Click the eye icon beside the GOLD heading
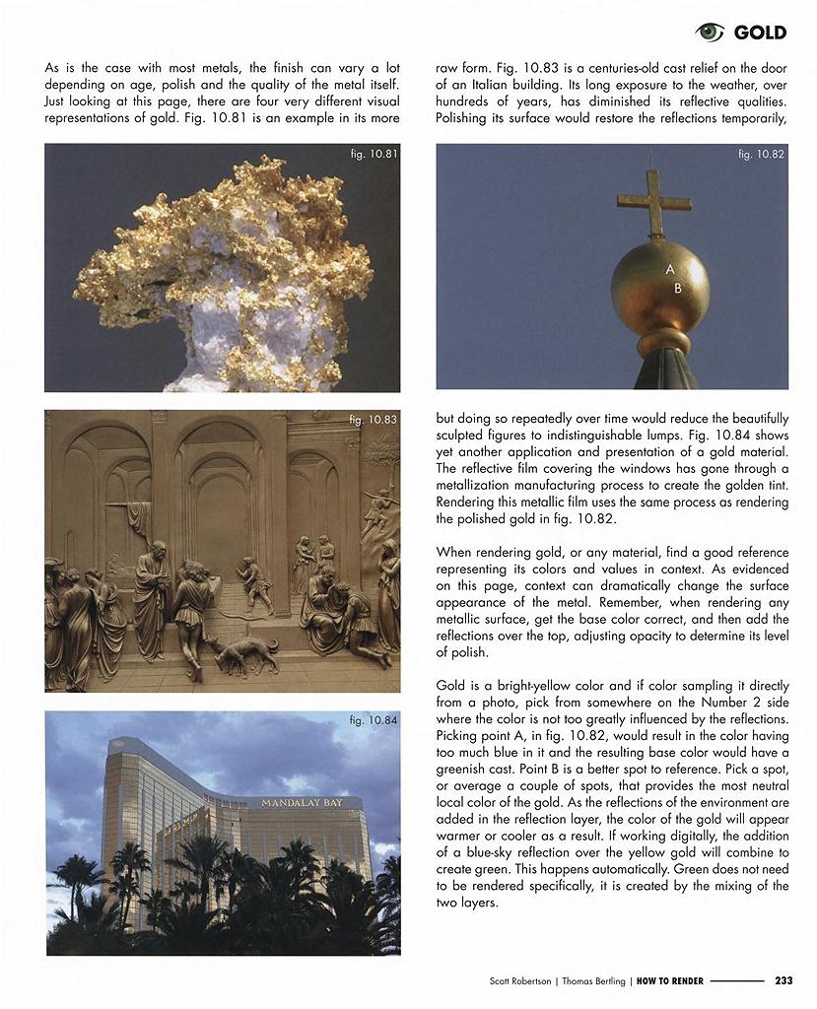(x=710, y=33)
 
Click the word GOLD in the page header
(x=760, y=33)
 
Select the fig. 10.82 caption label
(x=761, y=154)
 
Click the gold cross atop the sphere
(x=653, y=202)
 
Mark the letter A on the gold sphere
(x=670, y=269)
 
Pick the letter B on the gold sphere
(x=678, y=289)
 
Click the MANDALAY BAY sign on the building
(x=302, y=803)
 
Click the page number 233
(x=783, y=980)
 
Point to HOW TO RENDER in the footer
(x=669, y=980)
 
